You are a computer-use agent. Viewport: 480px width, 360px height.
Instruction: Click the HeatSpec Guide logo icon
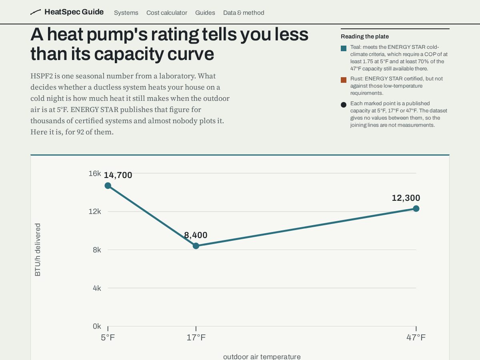coord(36,12)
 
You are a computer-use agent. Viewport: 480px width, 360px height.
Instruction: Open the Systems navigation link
coord(126,13)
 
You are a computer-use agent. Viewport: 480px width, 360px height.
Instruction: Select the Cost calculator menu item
coord(167,13)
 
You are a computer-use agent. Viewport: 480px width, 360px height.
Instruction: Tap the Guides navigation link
coord(205,13)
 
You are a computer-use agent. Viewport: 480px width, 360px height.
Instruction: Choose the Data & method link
coord(244,13)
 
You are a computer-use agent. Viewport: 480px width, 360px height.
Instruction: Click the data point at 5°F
coord(108,186)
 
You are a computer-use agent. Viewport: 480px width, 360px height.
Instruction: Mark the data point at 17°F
coord(196,246)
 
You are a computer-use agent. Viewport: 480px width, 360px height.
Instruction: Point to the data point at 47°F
coord(416,208)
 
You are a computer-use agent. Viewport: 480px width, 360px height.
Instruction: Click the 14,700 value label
coord(118,175)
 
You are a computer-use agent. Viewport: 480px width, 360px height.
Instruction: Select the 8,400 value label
coord(196,235)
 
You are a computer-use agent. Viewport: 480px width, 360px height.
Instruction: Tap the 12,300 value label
coord(406,198)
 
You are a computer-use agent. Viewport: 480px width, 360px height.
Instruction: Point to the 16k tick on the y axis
coord(95,173)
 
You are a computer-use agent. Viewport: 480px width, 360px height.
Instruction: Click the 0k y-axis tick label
coord(97,326)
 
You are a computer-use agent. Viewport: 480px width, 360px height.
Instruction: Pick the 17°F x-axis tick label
coord(196,338)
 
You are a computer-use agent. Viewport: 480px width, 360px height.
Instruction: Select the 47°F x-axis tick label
coord(416,338)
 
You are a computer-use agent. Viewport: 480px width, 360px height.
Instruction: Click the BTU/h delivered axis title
coord(38,250)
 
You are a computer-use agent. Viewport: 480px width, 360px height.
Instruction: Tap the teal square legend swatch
coord(344,48)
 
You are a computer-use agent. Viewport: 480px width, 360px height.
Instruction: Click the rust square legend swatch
coord(344,80)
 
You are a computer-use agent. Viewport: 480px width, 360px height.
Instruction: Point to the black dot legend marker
coord(344,105)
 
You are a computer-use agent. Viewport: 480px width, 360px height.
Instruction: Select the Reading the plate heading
coord(365,36)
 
